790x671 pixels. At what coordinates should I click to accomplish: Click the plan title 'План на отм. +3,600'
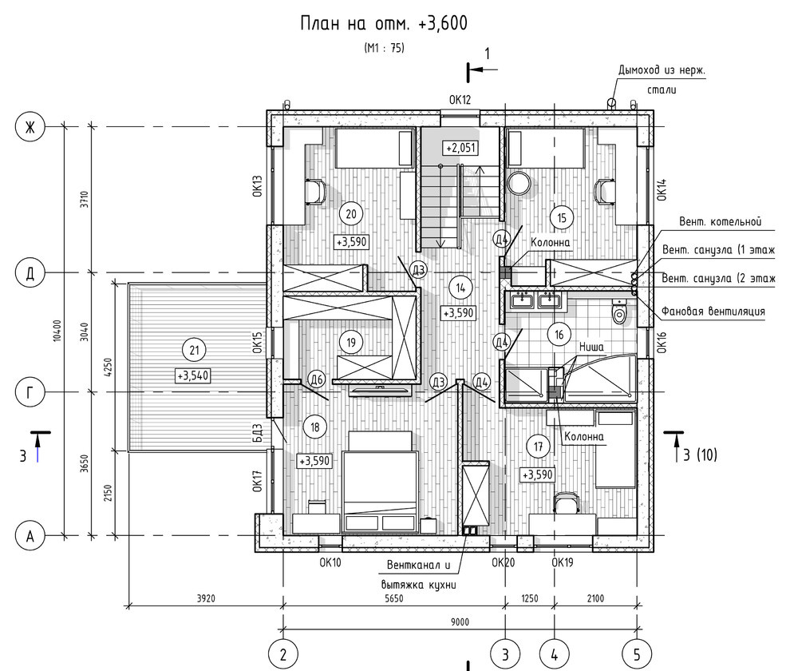click(384, 23)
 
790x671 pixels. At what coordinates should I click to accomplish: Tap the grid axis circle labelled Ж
click(30, 127)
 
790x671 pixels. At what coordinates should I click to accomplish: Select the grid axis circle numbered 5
click(637, 655)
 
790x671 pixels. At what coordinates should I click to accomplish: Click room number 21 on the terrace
click(194, 350)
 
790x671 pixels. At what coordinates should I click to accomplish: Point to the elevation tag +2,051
click(460, 148)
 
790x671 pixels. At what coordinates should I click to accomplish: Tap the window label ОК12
click(460, 100)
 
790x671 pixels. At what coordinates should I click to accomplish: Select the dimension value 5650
click(394, 598)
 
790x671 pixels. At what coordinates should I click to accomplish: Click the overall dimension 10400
click(57, 331)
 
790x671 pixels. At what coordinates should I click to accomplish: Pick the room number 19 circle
click(351, 343)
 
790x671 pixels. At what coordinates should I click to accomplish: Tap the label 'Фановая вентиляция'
click(713, 312)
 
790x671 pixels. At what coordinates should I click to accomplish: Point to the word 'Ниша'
click(591, 347)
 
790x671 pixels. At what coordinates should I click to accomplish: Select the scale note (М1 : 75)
click(384, 48)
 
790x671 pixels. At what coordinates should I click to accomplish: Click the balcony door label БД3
click(258, 433)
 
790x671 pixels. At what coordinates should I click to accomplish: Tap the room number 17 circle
click(538, 447)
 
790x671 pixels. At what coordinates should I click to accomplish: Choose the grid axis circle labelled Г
click(30, 392)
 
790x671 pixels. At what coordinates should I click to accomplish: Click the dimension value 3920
click(206, 598)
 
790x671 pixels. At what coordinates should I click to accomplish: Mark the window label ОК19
click(563, 562)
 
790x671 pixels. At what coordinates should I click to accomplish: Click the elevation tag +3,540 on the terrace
click(193, 375)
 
